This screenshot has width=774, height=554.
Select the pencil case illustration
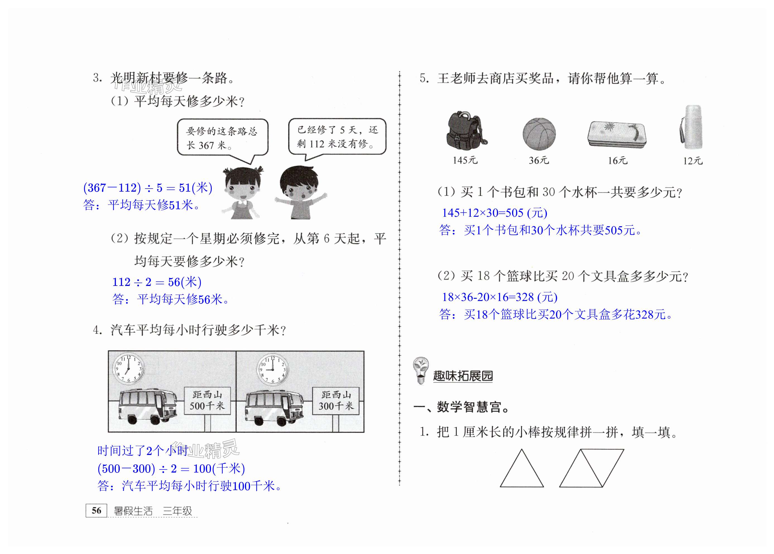[x=617, y=135]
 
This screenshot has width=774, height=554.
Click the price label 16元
[x=617, y=160]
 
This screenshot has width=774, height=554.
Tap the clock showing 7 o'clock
[x=128, y=369]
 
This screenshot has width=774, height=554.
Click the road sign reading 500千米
[x=207, y=401]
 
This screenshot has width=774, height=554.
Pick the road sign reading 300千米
[x=336, y=401]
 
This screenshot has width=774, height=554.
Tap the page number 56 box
[x=97, y=510]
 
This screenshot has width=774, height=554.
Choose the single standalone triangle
[x=521, y=468]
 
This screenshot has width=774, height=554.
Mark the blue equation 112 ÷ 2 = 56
[x=157, y=282]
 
